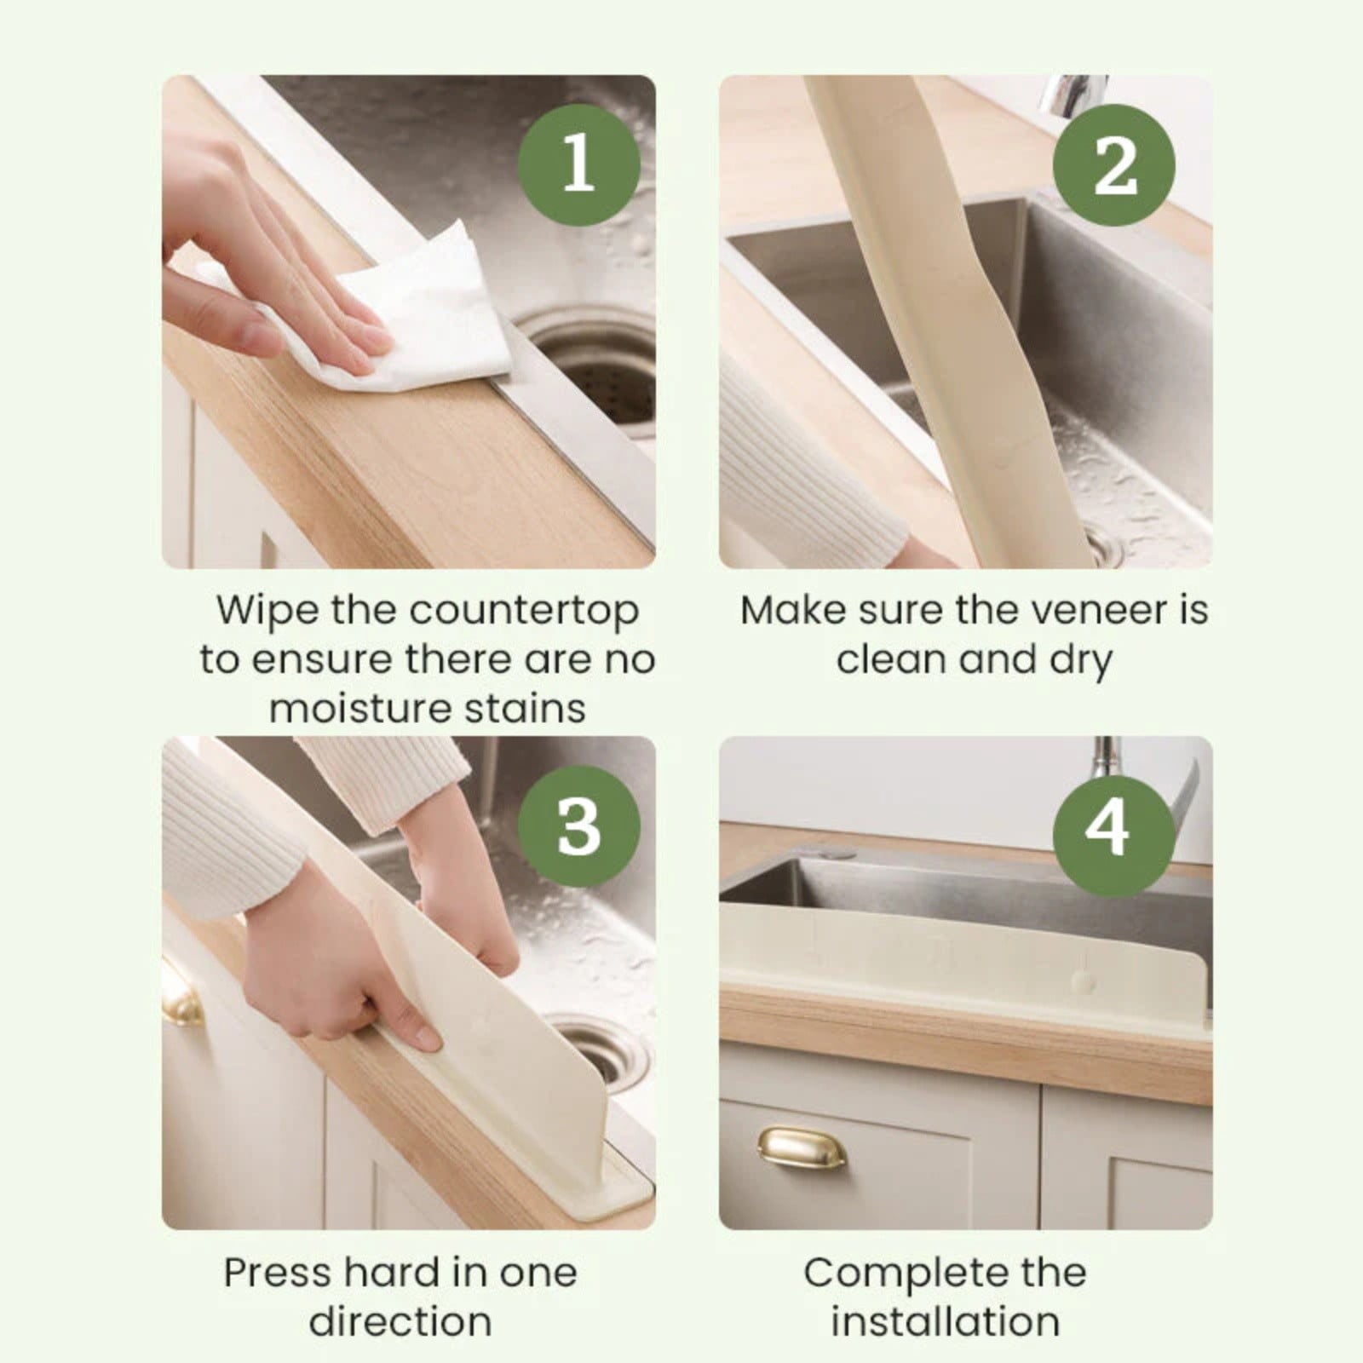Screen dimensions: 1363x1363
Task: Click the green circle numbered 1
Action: (579, 164)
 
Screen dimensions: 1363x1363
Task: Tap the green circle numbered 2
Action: (1114, 164)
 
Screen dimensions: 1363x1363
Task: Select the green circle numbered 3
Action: (579, 826)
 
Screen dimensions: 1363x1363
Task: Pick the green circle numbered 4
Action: (1113, 826)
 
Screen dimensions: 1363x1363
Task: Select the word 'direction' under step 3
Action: (400, 1322)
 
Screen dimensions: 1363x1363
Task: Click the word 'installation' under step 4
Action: (946, 1322)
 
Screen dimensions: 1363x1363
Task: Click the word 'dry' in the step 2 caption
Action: (1081, 661)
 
